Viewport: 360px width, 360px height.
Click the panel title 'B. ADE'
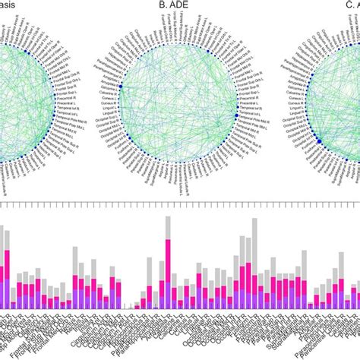tap(173, 5)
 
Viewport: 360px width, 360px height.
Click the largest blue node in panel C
tap(318, 141)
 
